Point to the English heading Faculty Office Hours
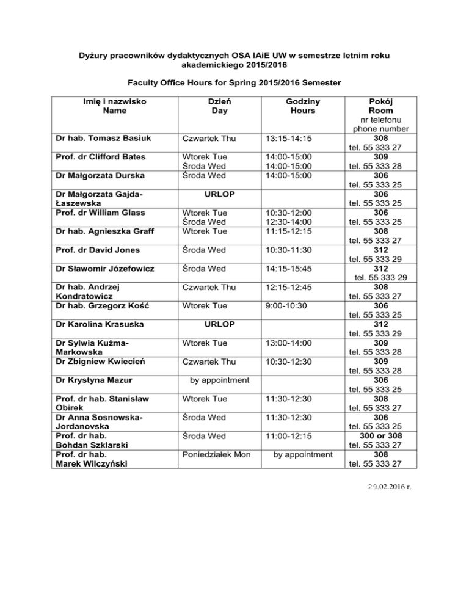click(x=234, y=81)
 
